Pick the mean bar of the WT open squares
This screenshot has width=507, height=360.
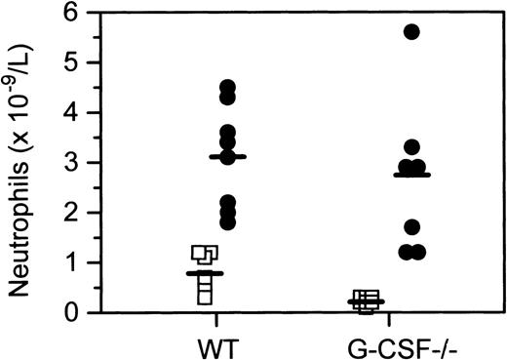[x=205, y=274]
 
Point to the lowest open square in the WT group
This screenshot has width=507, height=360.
[x=205, y=297]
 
